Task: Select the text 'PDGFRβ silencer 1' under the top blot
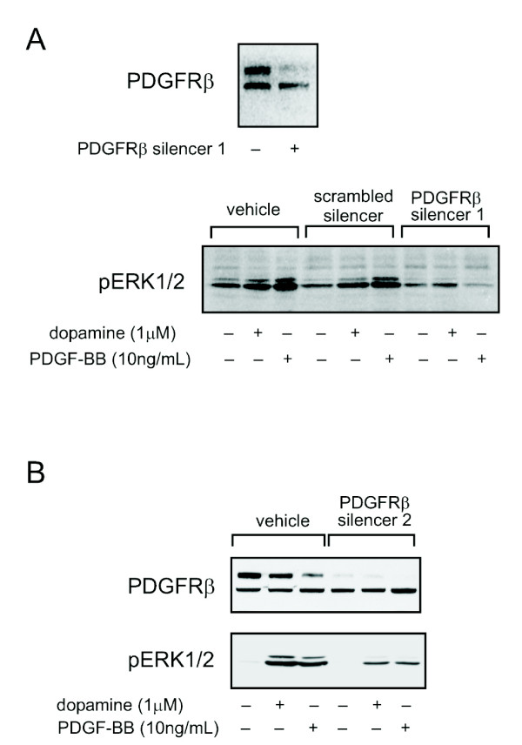[163, 150]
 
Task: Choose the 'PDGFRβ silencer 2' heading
[376, 513]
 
